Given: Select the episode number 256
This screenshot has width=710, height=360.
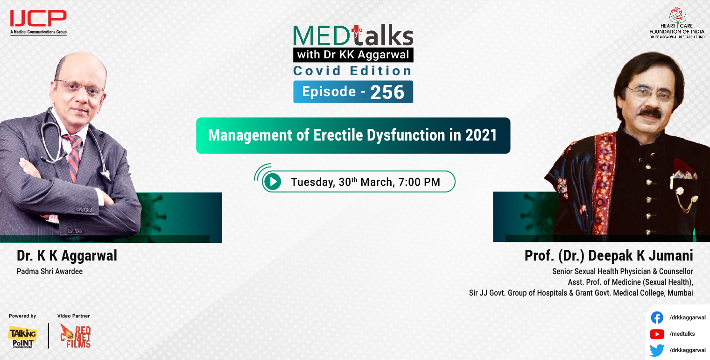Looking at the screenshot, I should click(387, 92).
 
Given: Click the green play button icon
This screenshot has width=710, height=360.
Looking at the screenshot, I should click(272, 182).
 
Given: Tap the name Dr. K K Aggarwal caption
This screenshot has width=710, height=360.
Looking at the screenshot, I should click(67, 255).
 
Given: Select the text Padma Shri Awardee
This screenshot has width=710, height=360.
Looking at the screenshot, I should click(49, 271).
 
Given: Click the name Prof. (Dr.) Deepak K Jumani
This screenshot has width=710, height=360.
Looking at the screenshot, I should click(609, 255).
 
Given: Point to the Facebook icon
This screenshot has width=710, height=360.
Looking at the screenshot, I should click(657, 318).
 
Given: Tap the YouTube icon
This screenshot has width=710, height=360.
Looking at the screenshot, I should click(657, 334).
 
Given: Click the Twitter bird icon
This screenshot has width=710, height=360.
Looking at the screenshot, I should click(657, 350).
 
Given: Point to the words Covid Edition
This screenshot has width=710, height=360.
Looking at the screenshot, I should click(352, 71).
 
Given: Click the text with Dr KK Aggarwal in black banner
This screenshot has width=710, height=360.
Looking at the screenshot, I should click(353, 55).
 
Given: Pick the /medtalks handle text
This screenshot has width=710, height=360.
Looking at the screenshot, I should click(682, 334).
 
